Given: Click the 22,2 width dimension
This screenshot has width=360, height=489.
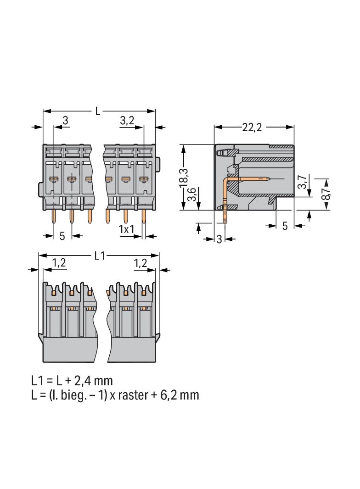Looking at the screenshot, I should click(x=252, y=128).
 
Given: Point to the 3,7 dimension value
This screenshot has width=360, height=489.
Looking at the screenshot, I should click(x=301, y=183).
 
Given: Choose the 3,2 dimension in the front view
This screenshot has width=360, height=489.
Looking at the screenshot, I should click(x=127, y=121).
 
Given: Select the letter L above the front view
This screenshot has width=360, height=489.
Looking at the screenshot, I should click(x=98, y=111).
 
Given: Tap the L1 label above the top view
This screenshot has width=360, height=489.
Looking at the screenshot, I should click(x=100, y=256).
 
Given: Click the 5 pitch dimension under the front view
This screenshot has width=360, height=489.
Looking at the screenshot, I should click(x=62, y=236).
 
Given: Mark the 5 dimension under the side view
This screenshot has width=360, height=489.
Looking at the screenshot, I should click(x=285, y=226).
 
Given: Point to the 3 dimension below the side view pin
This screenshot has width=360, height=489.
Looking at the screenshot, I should click(x=219, y=239).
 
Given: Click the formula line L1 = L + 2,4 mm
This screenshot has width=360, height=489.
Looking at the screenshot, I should click(x=72, y=380).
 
